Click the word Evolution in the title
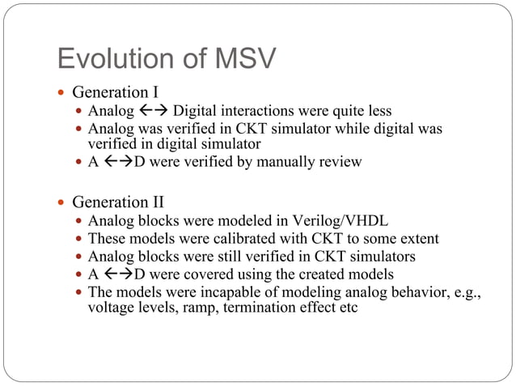108,58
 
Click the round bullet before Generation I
63,92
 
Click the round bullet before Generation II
63,202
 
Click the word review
339,162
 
